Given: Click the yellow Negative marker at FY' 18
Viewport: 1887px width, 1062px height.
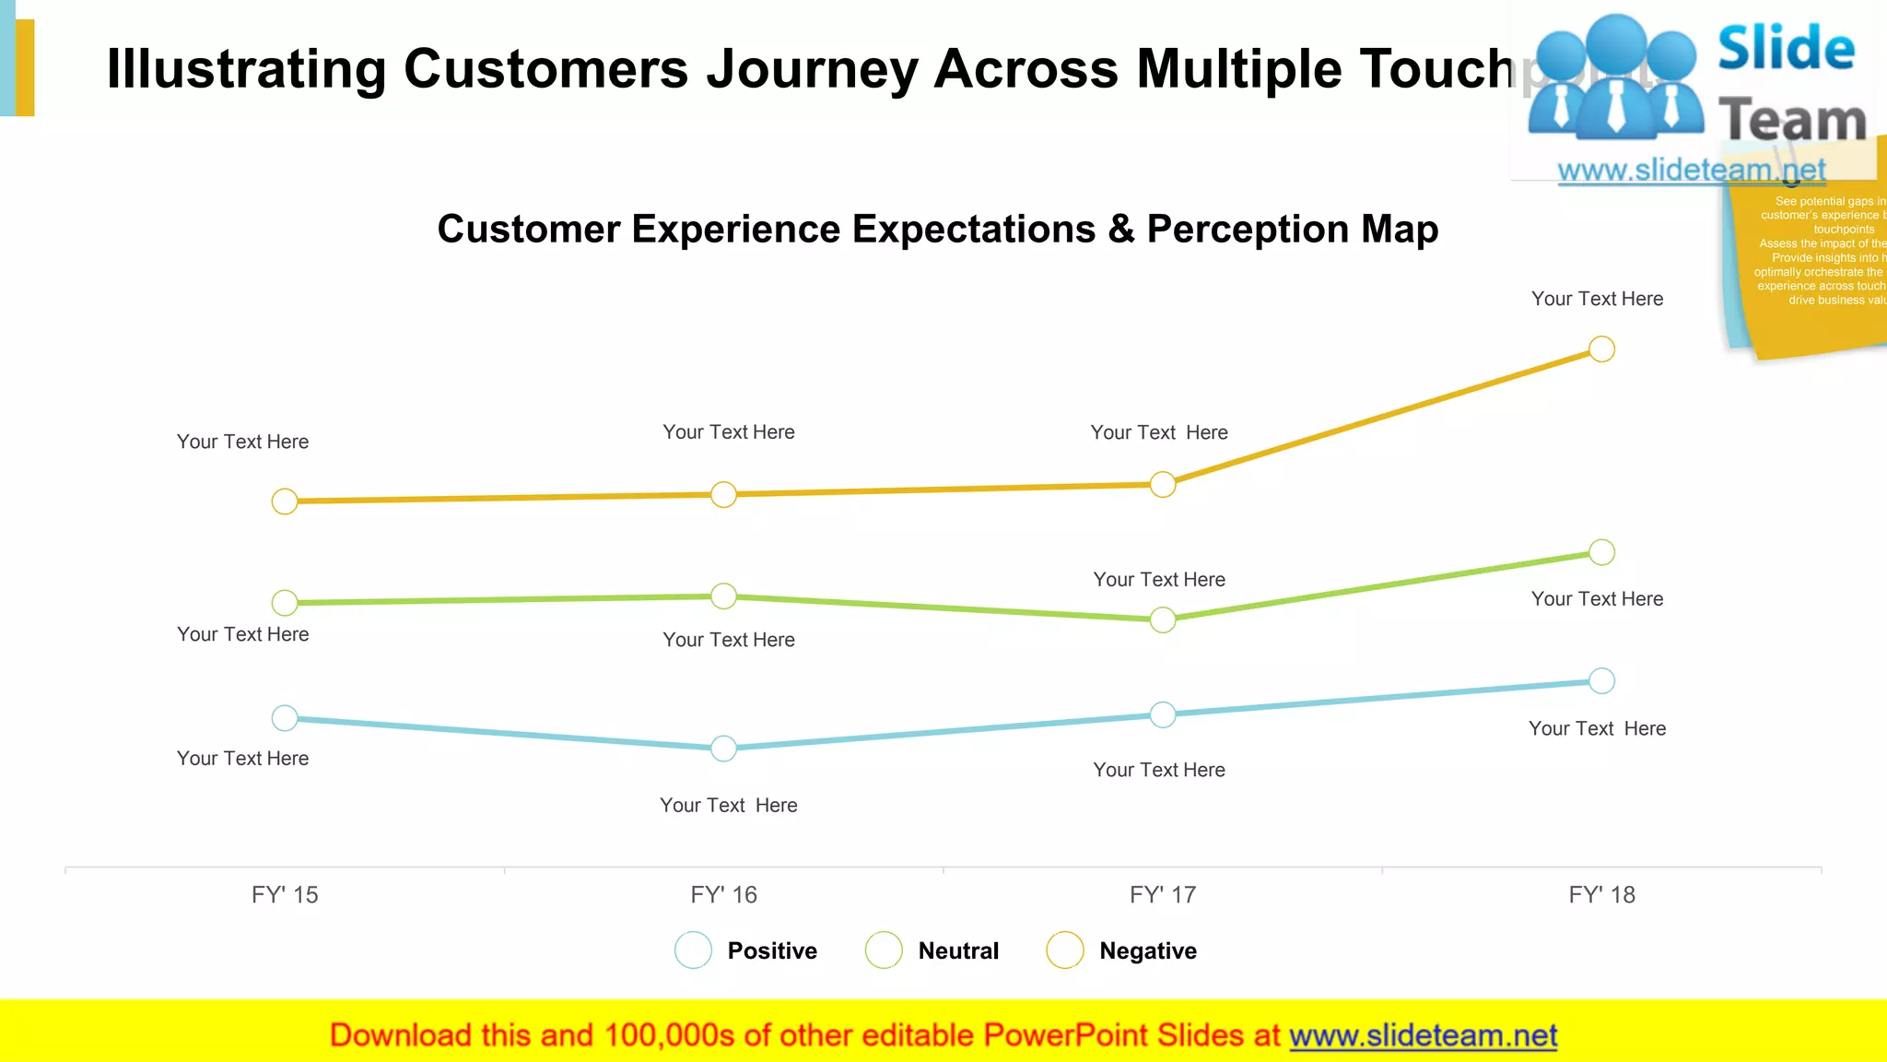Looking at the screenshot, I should click(x=1601, y=349).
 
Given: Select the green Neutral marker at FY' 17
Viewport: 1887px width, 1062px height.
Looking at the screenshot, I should click(x=1163, y=619).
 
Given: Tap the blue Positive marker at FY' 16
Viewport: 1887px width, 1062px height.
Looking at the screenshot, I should click(x=724, y=748).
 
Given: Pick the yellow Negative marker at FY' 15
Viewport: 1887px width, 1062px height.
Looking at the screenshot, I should click(x=285, y=501).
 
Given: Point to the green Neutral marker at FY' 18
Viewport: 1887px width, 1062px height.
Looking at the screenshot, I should click(x=1601, y=552).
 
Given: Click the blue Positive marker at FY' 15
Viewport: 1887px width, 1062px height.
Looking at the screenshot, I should click(x=285, y=717).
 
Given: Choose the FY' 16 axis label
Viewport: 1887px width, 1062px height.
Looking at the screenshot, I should click(x=723, y=894).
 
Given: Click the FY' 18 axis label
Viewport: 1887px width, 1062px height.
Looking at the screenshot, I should click(x=1601, y=894).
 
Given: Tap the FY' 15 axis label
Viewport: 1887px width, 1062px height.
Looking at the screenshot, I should click(x=285, y=894).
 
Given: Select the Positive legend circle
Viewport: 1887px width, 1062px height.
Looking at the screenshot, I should click(x=693, y=950).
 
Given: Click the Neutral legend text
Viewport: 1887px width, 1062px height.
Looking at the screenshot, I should click(x=958, y=950).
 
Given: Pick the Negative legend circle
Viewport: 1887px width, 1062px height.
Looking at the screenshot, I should click(x=1064, y=950).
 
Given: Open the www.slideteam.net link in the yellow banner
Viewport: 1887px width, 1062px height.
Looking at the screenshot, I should click(x=1423, y=1035).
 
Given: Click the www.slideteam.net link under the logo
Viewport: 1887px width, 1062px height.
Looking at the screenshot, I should click(x=1691, y=170).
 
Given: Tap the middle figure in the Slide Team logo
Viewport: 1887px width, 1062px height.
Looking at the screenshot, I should click(x=1616, y=78).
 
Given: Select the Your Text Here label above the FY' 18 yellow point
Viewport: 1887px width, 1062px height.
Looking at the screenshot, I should click(x=1597, y=299).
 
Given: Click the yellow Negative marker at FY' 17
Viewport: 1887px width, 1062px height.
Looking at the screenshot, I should click(x=1163, y=484).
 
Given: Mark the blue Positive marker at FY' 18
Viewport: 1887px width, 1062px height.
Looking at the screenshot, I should click(x=1601, y=680).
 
